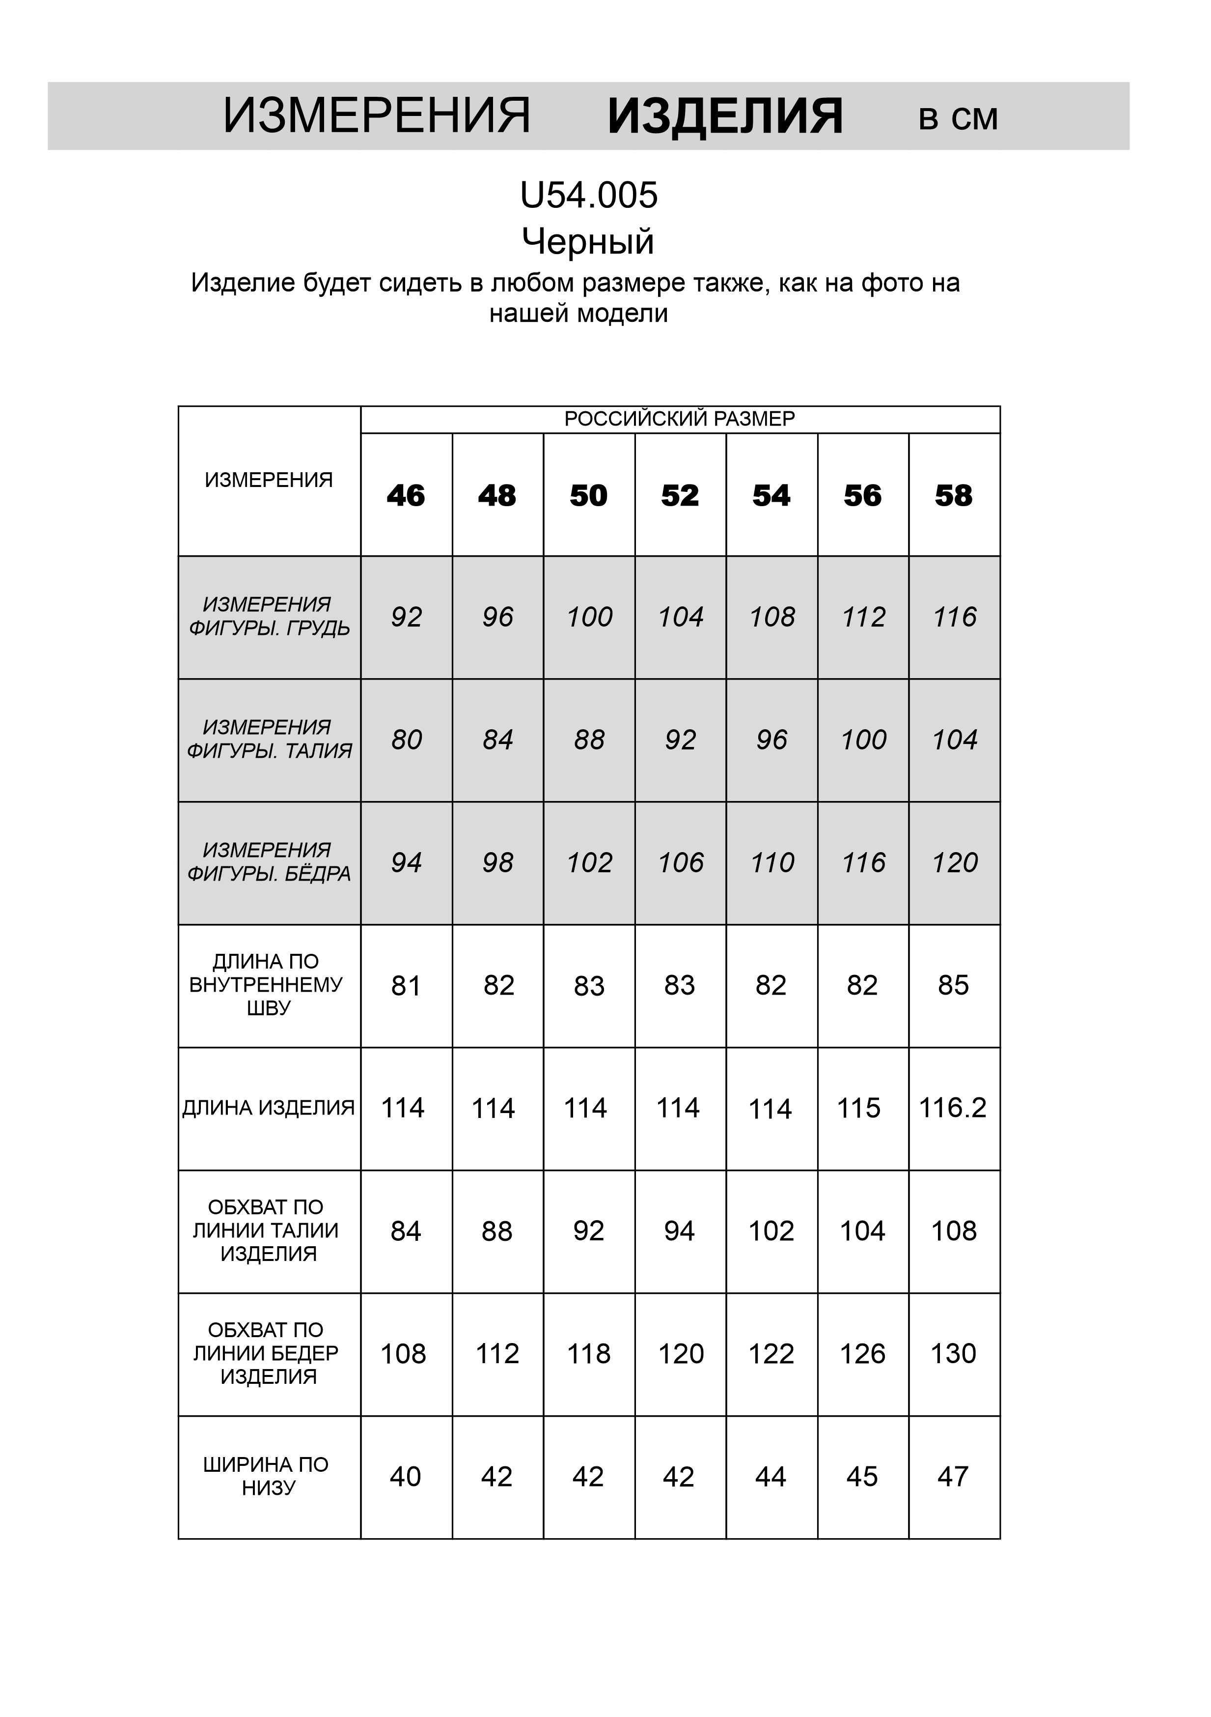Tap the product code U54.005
pos(589,196)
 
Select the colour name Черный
pos(588,242)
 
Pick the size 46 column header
pos(406,496)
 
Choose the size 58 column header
pos(954,496)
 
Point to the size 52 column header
pos(680,496)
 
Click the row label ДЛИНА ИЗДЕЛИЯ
pos(268,1108)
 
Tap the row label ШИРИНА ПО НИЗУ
pos(267,1476)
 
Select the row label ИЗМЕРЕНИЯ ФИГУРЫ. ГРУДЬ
pos(268,616)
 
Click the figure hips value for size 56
pos(863,862)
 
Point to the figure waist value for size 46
pos(406,740)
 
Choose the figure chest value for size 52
pos(680,617)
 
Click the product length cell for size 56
pos(859,1108)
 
